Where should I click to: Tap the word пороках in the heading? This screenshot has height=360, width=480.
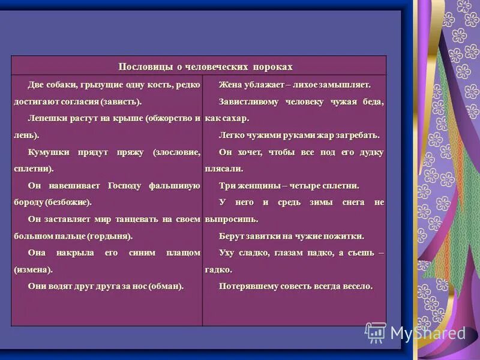pos(271,66)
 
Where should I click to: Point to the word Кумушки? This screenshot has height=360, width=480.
pos(48,152)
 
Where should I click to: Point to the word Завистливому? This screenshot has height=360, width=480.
pos(248,101)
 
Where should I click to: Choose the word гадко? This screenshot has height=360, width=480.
pos(217,270)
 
